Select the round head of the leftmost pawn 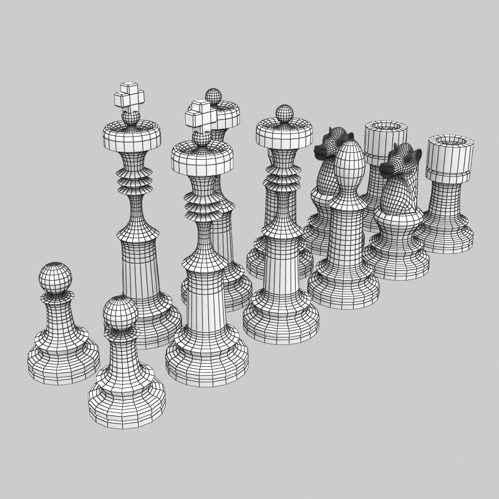click(x=56, y=278)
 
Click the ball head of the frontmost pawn click(x=120, y=312)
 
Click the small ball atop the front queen click(x=284, y=114)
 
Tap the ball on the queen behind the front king click(x=213, y=96)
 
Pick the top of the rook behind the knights click(x=386, y=128)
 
